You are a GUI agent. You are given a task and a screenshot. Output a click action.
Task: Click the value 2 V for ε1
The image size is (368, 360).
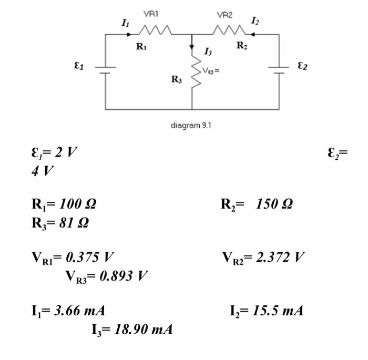[65, 154]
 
